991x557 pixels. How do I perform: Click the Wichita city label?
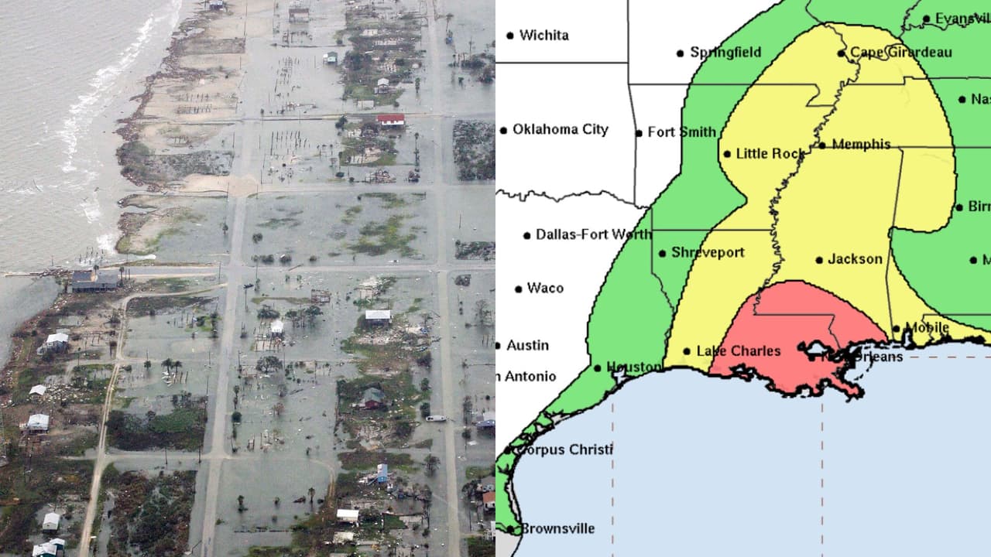(x=544, y=35)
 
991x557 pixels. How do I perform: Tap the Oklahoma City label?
(x=561, y=129)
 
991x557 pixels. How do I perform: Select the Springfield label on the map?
(x=725, y=53)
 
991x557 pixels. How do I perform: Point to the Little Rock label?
(x=770, y=153)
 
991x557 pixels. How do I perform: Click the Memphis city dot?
(x=821, y=145)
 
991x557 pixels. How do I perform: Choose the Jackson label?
(x=855, y=259)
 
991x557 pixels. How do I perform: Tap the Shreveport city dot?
(x=663, y=253)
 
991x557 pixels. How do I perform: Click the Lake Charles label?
(x=739, y=351)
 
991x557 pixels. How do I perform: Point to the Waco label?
(x=545, y=288)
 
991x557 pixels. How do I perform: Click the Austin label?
(x=527, y=345)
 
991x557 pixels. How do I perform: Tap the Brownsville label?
(x=557, y=528)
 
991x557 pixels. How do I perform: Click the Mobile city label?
(x=927, y=327)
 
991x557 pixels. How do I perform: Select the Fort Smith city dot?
(x=639, y=133)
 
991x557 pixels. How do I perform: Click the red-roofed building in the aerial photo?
(x=391, y=119)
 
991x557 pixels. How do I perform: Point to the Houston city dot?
(x=598, y=368)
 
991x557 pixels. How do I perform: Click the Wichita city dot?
(x=510, y=35)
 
